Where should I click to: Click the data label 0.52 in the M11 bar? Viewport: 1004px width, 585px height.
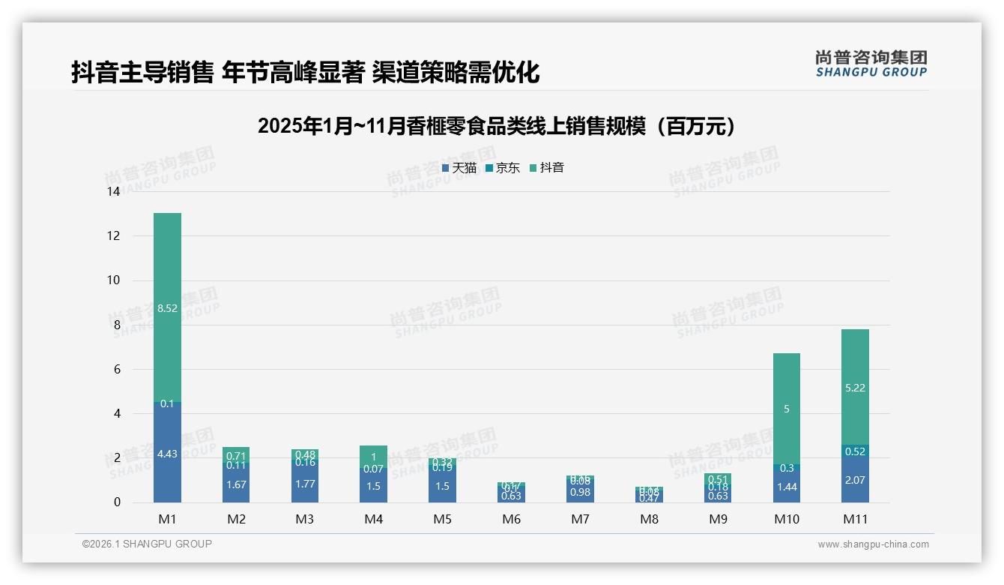coord(855,452)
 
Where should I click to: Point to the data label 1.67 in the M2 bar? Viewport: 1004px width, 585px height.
coord(236,485)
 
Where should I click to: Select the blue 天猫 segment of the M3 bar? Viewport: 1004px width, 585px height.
coord(305,484)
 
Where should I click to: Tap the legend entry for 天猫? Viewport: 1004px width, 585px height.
coord(459,168)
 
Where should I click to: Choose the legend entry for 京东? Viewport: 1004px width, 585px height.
coord(503,168)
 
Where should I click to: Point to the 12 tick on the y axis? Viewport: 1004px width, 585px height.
coord(114,236)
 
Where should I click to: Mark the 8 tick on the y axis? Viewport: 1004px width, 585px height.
coord(116,325)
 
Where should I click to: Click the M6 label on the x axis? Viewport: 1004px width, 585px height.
coord(512,519)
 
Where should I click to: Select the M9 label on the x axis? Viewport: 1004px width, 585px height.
coord(718,519)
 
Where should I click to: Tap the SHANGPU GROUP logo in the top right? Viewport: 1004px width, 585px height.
coord(871,64)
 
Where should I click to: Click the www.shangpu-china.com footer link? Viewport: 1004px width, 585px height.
coord(873,544)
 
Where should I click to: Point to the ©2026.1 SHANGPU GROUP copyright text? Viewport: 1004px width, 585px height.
coord(147,544)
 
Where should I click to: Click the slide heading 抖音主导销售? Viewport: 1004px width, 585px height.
coord(305,73)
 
